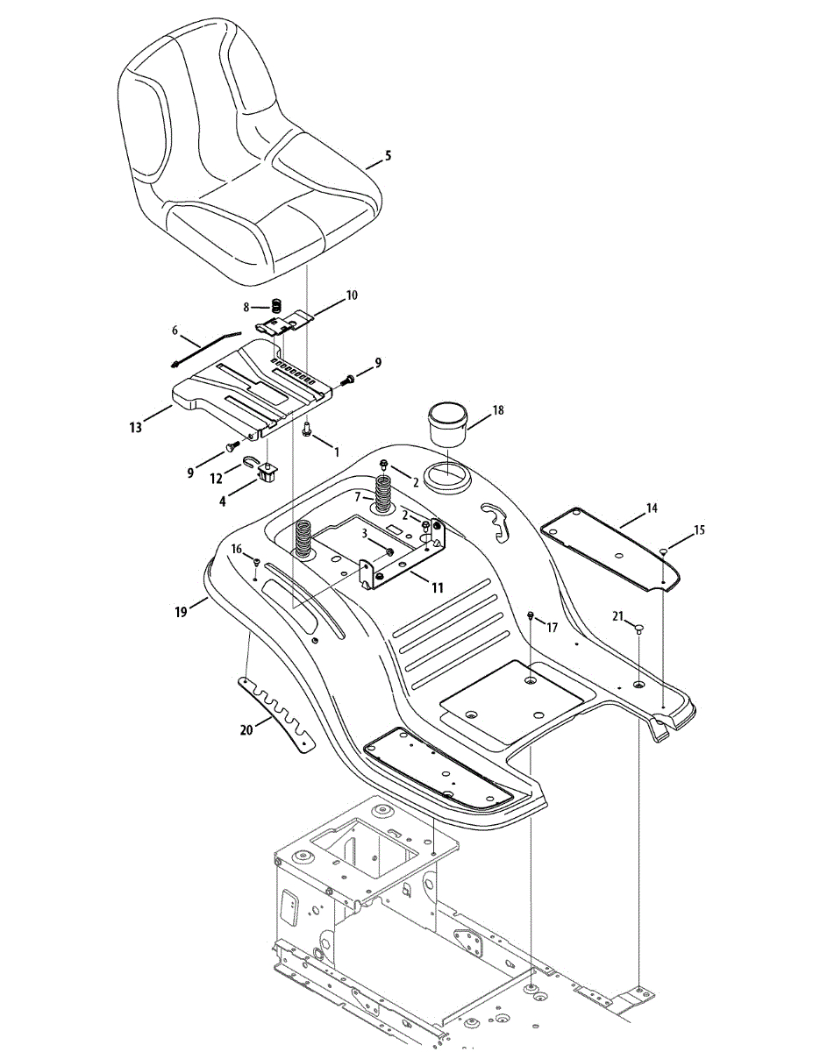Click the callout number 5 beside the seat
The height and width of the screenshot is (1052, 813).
click(389, 155)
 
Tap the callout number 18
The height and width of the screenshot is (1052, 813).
click(498, 409)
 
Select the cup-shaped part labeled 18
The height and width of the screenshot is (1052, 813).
click(448, 418)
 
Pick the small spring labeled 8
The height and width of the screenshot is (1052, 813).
click(275, 306)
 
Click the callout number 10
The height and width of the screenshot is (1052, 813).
click(352, 295)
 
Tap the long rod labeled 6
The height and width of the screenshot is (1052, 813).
click(208, 347)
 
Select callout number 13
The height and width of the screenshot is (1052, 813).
click(135, 427)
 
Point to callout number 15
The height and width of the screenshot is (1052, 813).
click(699, 530)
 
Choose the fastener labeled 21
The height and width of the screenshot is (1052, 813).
click(639, 628)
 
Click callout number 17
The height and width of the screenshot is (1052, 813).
click(552, 628)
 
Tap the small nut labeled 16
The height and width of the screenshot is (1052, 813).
click(256, 561)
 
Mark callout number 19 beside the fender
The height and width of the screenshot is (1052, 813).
click(181, 613)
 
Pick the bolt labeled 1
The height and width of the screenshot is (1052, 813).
click(307, 430)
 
